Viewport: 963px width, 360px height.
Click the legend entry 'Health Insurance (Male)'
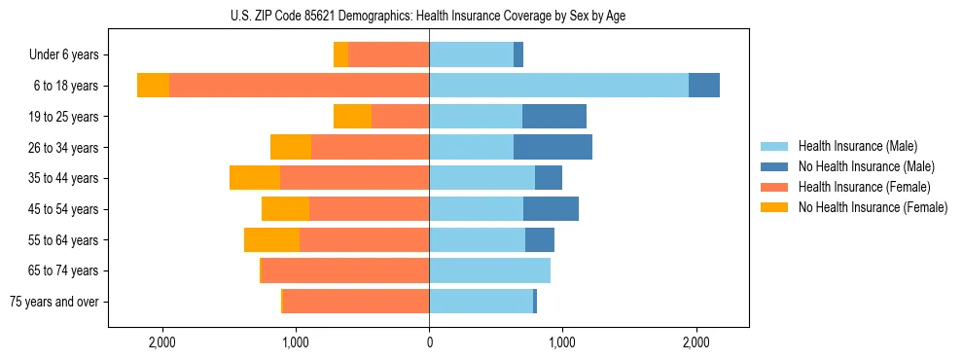(x=857, y=147)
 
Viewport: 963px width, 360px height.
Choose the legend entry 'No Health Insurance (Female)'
(x=873, y=207)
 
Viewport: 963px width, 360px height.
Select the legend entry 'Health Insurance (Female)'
(x=864, y=187)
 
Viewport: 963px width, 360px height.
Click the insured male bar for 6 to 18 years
(x=558, y=86)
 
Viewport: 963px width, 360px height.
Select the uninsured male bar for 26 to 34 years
(x=553, y=147)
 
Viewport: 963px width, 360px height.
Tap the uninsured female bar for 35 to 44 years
(x=255, y=178)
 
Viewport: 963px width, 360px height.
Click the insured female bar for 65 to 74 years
(x=345, y=270)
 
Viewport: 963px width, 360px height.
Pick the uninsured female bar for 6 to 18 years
(x=153, y=86)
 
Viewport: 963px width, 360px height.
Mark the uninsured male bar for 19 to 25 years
(x=554, y=117)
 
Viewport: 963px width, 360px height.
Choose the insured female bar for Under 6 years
(x=388, y=55)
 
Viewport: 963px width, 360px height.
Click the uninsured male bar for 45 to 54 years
(x=551, y=209)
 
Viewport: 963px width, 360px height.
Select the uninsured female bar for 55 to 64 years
(x=271, y=239)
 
